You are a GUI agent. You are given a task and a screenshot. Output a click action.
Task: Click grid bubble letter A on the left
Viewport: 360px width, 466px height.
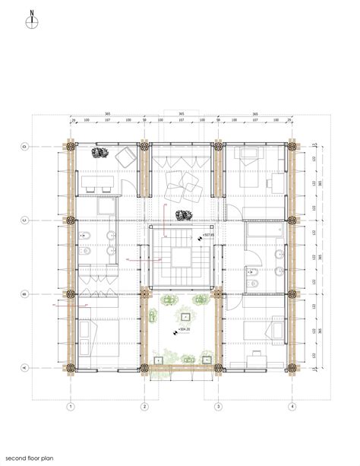[24, 367]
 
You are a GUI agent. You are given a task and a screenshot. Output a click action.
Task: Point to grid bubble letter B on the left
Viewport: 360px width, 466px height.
[24, 293]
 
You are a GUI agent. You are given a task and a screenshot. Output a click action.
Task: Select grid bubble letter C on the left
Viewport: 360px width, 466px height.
[24, 220]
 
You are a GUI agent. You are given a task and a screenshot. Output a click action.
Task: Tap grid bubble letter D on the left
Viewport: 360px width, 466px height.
[24, 146]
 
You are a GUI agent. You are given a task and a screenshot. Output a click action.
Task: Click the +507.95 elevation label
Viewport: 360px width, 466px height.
[207, 235]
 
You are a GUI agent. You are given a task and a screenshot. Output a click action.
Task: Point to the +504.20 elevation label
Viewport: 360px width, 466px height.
[182, 330]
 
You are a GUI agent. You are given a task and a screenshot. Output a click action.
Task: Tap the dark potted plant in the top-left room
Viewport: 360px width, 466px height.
[99, 153]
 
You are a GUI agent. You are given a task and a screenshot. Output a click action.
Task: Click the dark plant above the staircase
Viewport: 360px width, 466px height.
[182, 215]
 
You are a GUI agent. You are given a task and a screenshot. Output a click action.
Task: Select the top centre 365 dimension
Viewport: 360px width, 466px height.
[182, 114]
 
